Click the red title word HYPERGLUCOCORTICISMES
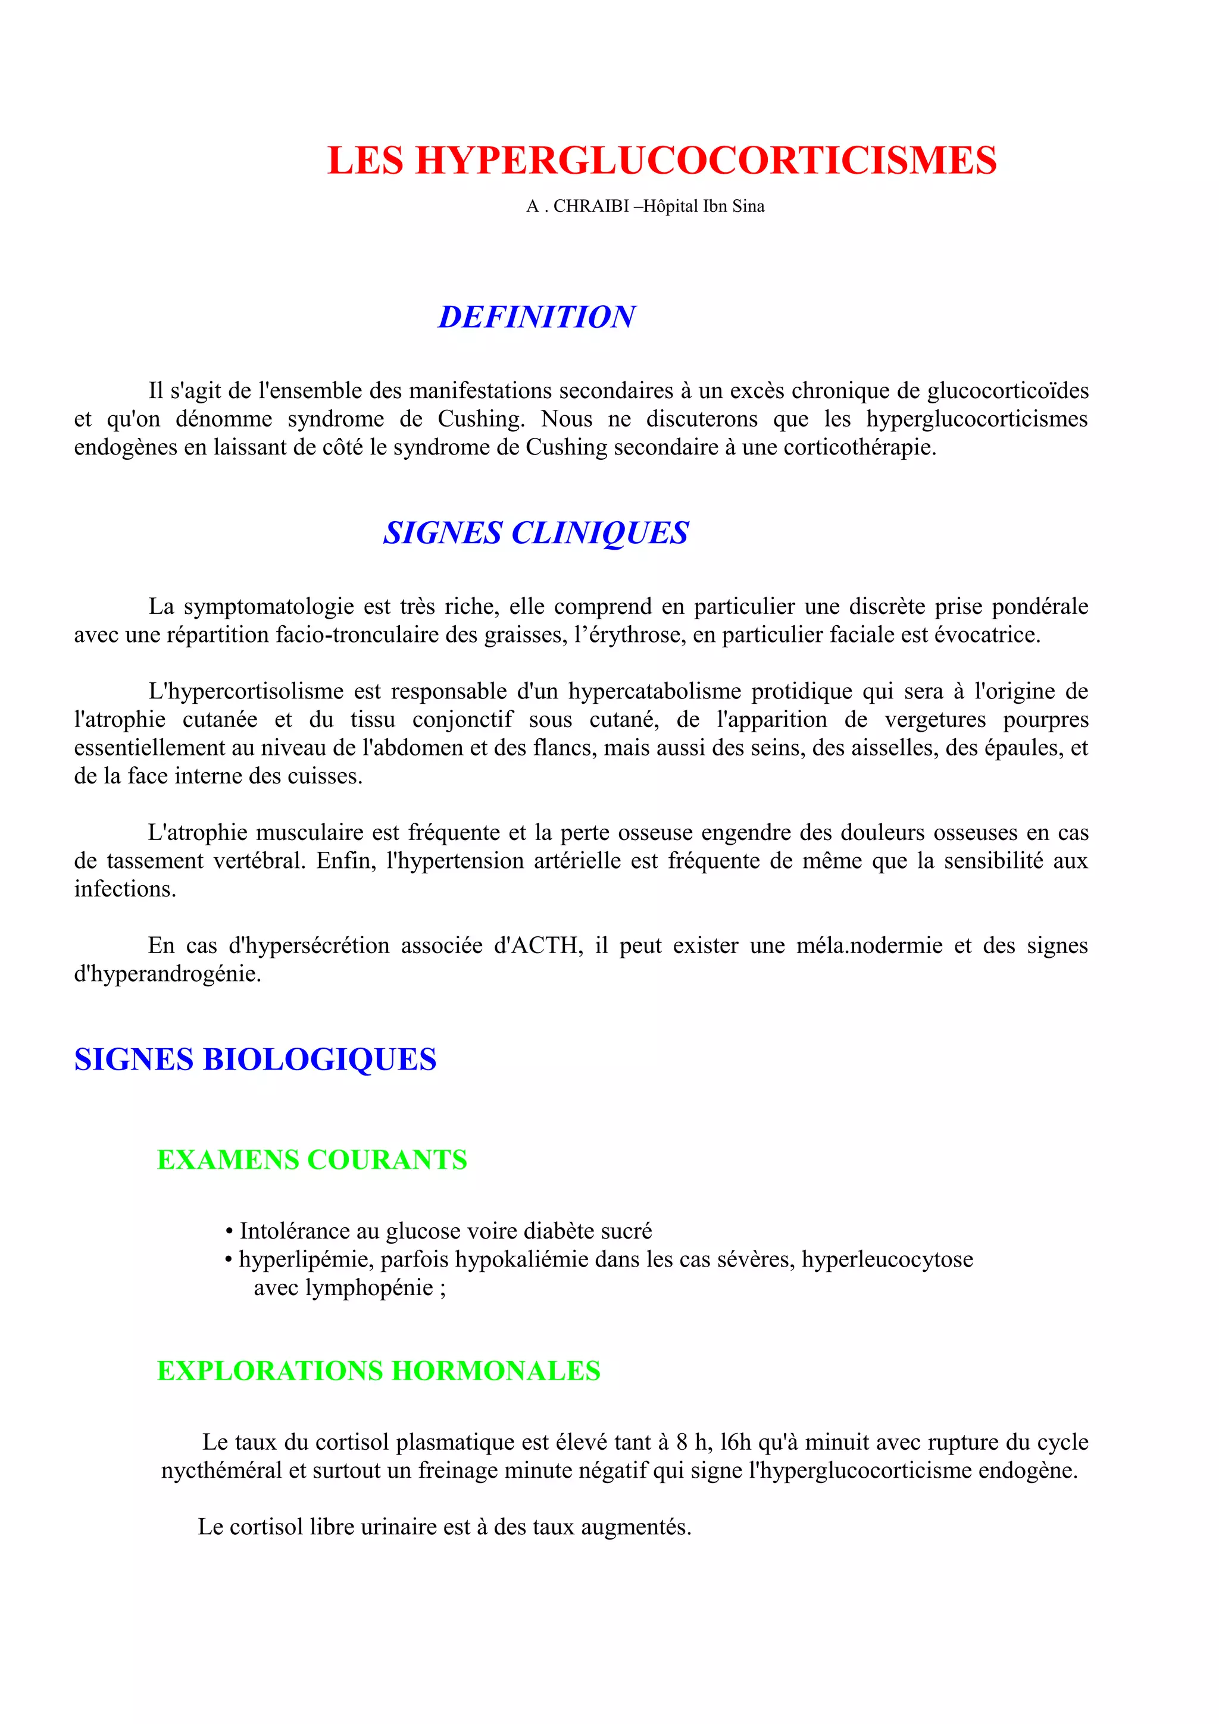tap(705, 161)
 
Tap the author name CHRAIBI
tap(590, 206)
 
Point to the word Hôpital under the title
tap(671, 206)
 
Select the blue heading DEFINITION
tap(536, 317)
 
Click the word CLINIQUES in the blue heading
tap(599, 533)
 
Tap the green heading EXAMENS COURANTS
tap(312, 1160)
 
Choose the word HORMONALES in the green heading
tap(496, 1371)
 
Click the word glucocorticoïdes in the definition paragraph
tap(1007, 391)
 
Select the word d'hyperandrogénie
tap(167, 974)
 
